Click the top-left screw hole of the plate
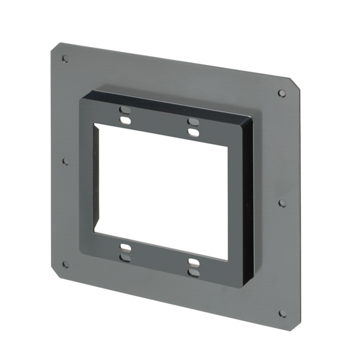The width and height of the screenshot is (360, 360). pyautogui.click(x=65, y=58)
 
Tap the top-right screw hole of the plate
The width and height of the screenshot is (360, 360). pyautogui.click(x=282, y=93)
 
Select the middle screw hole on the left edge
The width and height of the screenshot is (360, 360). pyautogui.click(x=66, y=161)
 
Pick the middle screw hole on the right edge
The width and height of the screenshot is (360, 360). pyautogui.click(x=282, y=203)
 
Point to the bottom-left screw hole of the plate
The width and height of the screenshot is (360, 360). pyautogui.click(x=66, y=264)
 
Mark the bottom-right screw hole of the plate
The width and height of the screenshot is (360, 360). pyautogui.click(x=283, y=314)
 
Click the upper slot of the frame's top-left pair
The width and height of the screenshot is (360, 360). pyautogui.click(x=125, y=109)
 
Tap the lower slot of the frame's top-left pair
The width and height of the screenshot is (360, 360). pyautogui.click(x=125, y=121)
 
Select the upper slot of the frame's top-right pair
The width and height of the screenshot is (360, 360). pyautogui.click(x=193, y=121)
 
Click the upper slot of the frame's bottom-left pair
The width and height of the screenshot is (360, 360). pyautogui.click(x=125, y=247)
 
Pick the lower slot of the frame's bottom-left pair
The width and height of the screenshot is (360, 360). pyautogui.click(x=125, y=258)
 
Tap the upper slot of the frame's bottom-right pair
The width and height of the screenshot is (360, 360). pyautogui.click(x=193, y=262)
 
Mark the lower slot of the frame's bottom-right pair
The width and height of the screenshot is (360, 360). pyautogui.click(x=193, y=273)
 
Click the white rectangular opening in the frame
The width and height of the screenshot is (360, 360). pyautogui.click(x=160, y=191)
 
